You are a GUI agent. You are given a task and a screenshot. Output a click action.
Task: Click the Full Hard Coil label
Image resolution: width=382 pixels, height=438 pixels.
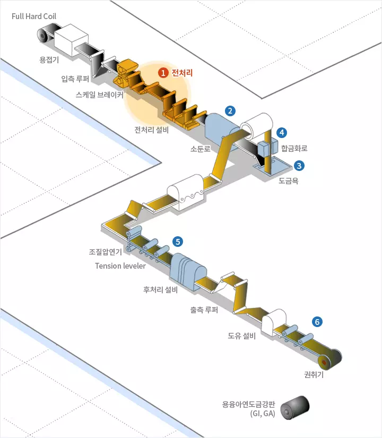pyautogui.click(x=34, y=16)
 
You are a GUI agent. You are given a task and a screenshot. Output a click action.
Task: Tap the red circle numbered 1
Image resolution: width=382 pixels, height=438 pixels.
pyautogui.click(x=163, y=73)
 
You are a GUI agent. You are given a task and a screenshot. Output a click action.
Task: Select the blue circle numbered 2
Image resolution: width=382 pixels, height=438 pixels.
pyautogui.click(x=230, y=111)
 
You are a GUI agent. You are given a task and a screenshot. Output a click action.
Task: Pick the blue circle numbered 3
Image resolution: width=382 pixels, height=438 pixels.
pyautogui.click(x=299, y=166)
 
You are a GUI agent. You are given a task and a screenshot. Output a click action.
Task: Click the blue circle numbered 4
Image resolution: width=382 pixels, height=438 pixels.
pyautogui.click(x=282, y=132)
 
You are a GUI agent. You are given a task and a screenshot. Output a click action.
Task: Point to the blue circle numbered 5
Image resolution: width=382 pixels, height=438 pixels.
pyautogui.click(x=178, y=242)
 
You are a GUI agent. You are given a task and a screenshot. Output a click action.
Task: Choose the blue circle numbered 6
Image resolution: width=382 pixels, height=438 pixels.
pyautogui.click(x=317, y=322)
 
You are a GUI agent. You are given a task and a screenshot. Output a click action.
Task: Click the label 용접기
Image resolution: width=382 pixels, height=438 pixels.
pyautogui.click(x=49, y=59)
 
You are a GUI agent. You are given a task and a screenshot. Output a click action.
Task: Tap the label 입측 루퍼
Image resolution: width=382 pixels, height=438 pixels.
pyautogui.click(x=75, y=79)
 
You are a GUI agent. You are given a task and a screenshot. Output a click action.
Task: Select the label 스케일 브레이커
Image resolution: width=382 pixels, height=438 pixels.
pyautogui.click(x=100, y=95)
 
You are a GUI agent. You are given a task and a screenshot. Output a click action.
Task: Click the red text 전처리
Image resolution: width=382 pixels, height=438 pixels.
pyautogui.click(x=182, y=73)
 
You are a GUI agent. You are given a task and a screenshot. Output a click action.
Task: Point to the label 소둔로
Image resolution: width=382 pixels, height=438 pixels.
pyautogui.click(x=200, y=149)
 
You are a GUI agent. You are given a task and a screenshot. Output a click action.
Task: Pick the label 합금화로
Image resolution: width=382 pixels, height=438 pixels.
pyautogui.click(x=294, y=148)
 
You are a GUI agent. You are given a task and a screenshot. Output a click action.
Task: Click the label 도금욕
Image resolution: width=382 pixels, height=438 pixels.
pyautogui.click(x=289, y=181)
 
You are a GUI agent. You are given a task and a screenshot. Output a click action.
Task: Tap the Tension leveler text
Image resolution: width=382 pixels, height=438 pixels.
pyautogui.click(x=120, y=265)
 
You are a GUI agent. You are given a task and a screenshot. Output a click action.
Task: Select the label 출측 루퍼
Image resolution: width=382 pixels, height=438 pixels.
pyautogui.click(x=204, y=310)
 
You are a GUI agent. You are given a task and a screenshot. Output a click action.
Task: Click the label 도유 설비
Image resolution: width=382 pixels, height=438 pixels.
pyautogui.click(x=242, y=336)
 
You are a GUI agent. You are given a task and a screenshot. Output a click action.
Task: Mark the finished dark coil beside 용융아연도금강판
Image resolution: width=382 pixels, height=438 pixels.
pyautogui.click(x=295, y=408)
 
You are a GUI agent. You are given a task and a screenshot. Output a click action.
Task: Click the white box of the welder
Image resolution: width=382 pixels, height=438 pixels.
pyautogui.click(x=71, y=40)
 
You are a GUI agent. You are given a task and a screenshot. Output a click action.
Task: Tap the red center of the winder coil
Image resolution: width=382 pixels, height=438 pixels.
pyautogui.click(x=324, y=363)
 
